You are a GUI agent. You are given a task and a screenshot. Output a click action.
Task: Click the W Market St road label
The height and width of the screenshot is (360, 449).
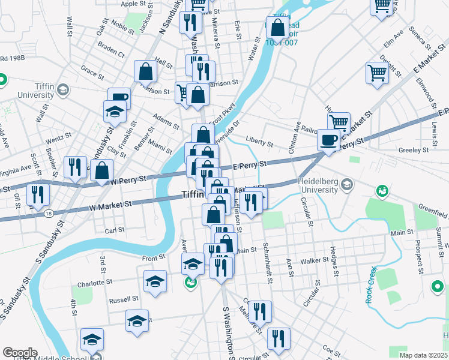click(x=110, y=205)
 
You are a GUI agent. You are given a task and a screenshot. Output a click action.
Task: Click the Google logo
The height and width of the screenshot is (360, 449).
click(x=20, y=353)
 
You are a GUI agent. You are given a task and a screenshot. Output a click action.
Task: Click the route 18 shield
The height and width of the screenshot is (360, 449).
click(x=49, y=213)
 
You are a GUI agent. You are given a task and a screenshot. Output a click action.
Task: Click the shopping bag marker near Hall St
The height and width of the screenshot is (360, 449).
click(x=146, y=73)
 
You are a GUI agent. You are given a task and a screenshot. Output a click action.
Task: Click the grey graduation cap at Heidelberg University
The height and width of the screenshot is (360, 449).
click(x=347, y=185)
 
